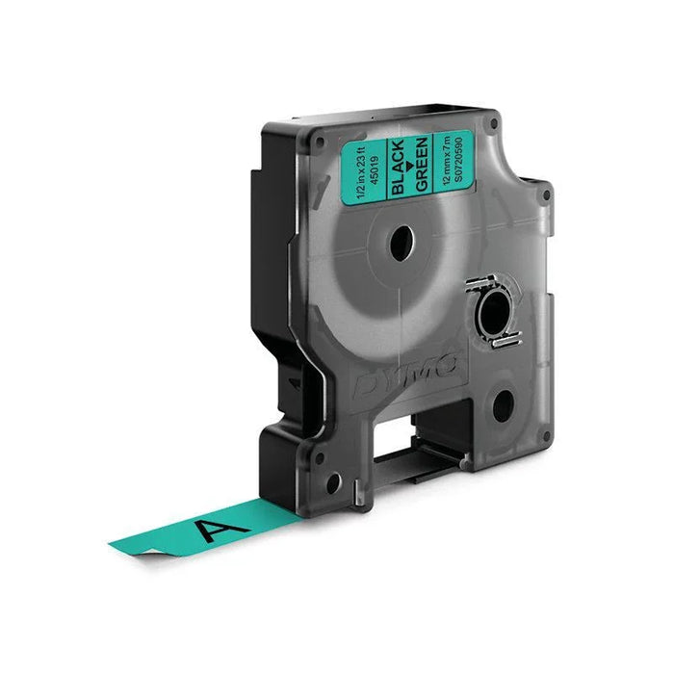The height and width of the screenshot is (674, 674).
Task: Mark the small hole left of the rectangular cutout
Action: pyautogui.click(x=331, y=484)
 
